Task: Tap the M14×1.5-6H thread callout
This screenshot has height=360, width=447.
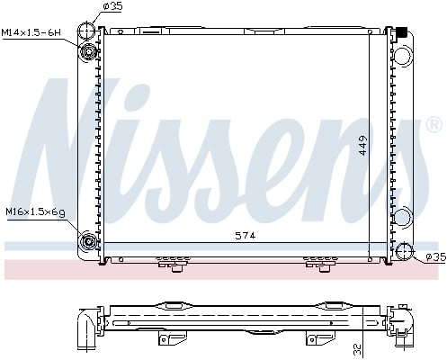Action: click(x=31, y=32)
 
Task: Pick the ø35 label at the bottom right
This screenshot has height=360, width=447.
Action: click(x=434, y=257)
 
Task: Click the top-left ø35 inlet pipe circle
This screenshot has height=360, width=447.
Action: click(x=88, y=30)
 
